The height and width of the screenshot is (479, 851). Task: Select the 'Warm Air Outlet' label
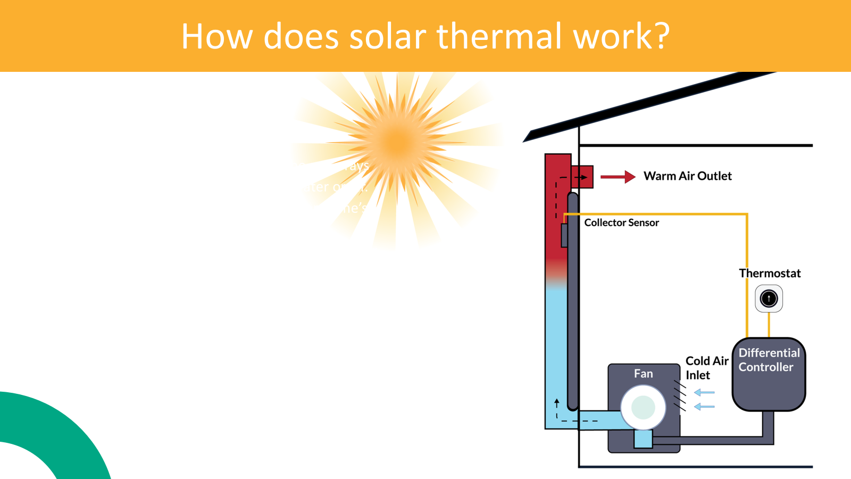(687, 176)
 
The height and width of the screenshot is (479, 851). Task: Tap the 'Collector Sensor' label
(621, 222)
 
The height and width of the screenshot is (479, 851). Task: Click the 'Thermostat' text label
(770, 274)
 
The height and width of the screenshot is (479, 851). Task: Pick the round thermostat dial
(769, 299)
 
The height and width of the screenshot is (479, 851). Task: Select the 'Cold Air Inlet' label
(706, 368)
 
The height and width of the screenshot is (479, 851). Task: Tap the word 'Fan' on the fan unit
(643, 374)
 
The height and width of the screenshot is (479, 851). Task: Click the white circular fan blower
(643, 407)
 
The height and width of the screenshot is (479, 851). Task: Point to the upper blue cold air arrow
(704, 393)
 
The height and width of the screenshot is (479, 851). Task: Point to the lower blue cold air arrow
(704, 407)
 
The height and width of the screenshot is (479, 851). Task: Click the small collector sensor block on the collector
(564, 235)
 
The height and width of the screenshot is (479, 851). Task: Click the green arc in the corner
(59, 426)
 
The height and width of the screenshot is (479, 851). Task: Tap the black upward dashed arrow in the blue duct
(557, 407)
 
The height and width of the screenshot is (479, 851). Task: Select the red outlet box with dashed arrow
(582, 177)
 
